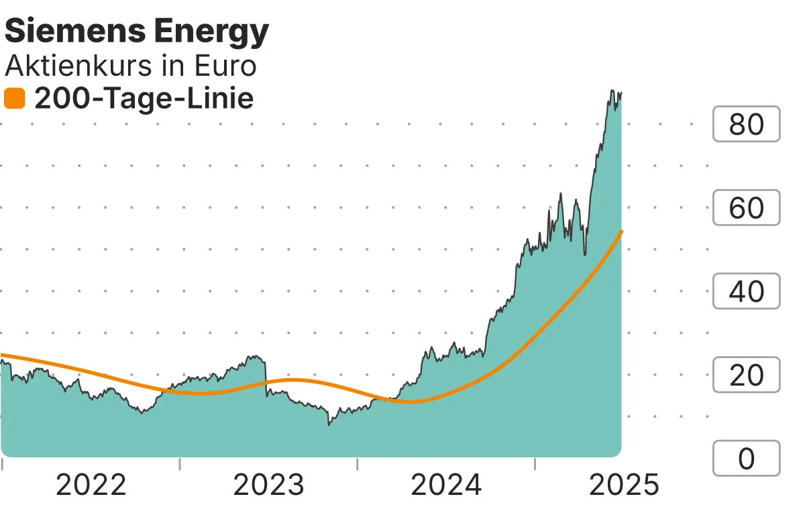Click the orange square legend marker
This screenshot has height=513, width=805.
tap(14, 99)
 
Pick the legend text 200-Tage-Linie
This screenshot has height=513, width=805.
tap(144, 99)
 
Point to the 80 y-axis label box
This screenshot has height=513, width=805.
tap(746, 124)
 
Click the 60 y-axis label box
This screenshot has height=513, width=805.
tap(746, 208)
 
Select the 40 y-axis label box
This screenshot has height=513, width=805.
tap(746, 292)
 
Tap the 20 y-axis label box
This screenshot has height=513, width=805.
tap(746, 375)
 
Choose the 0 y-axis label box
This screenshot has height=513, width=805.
tap(746, 459)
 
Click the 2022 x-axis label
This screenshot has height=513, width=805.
tap(91, 485)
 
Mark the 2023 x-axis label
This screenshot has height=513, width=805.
tap(268, 485)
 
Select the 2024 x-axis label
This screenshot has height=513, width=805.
tap(446, 485)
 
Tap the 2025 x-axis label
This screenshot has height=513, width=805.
tap(624, 485)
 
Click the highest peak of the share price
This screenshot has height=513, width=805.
tap(612, 90)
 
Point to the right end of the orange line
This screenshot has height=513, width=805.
tap(622, 231)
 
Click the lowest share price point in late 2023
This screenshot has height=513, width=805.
tap(329, 424)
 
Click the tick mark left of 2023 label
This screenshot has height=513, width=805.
tap(180, 463)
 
